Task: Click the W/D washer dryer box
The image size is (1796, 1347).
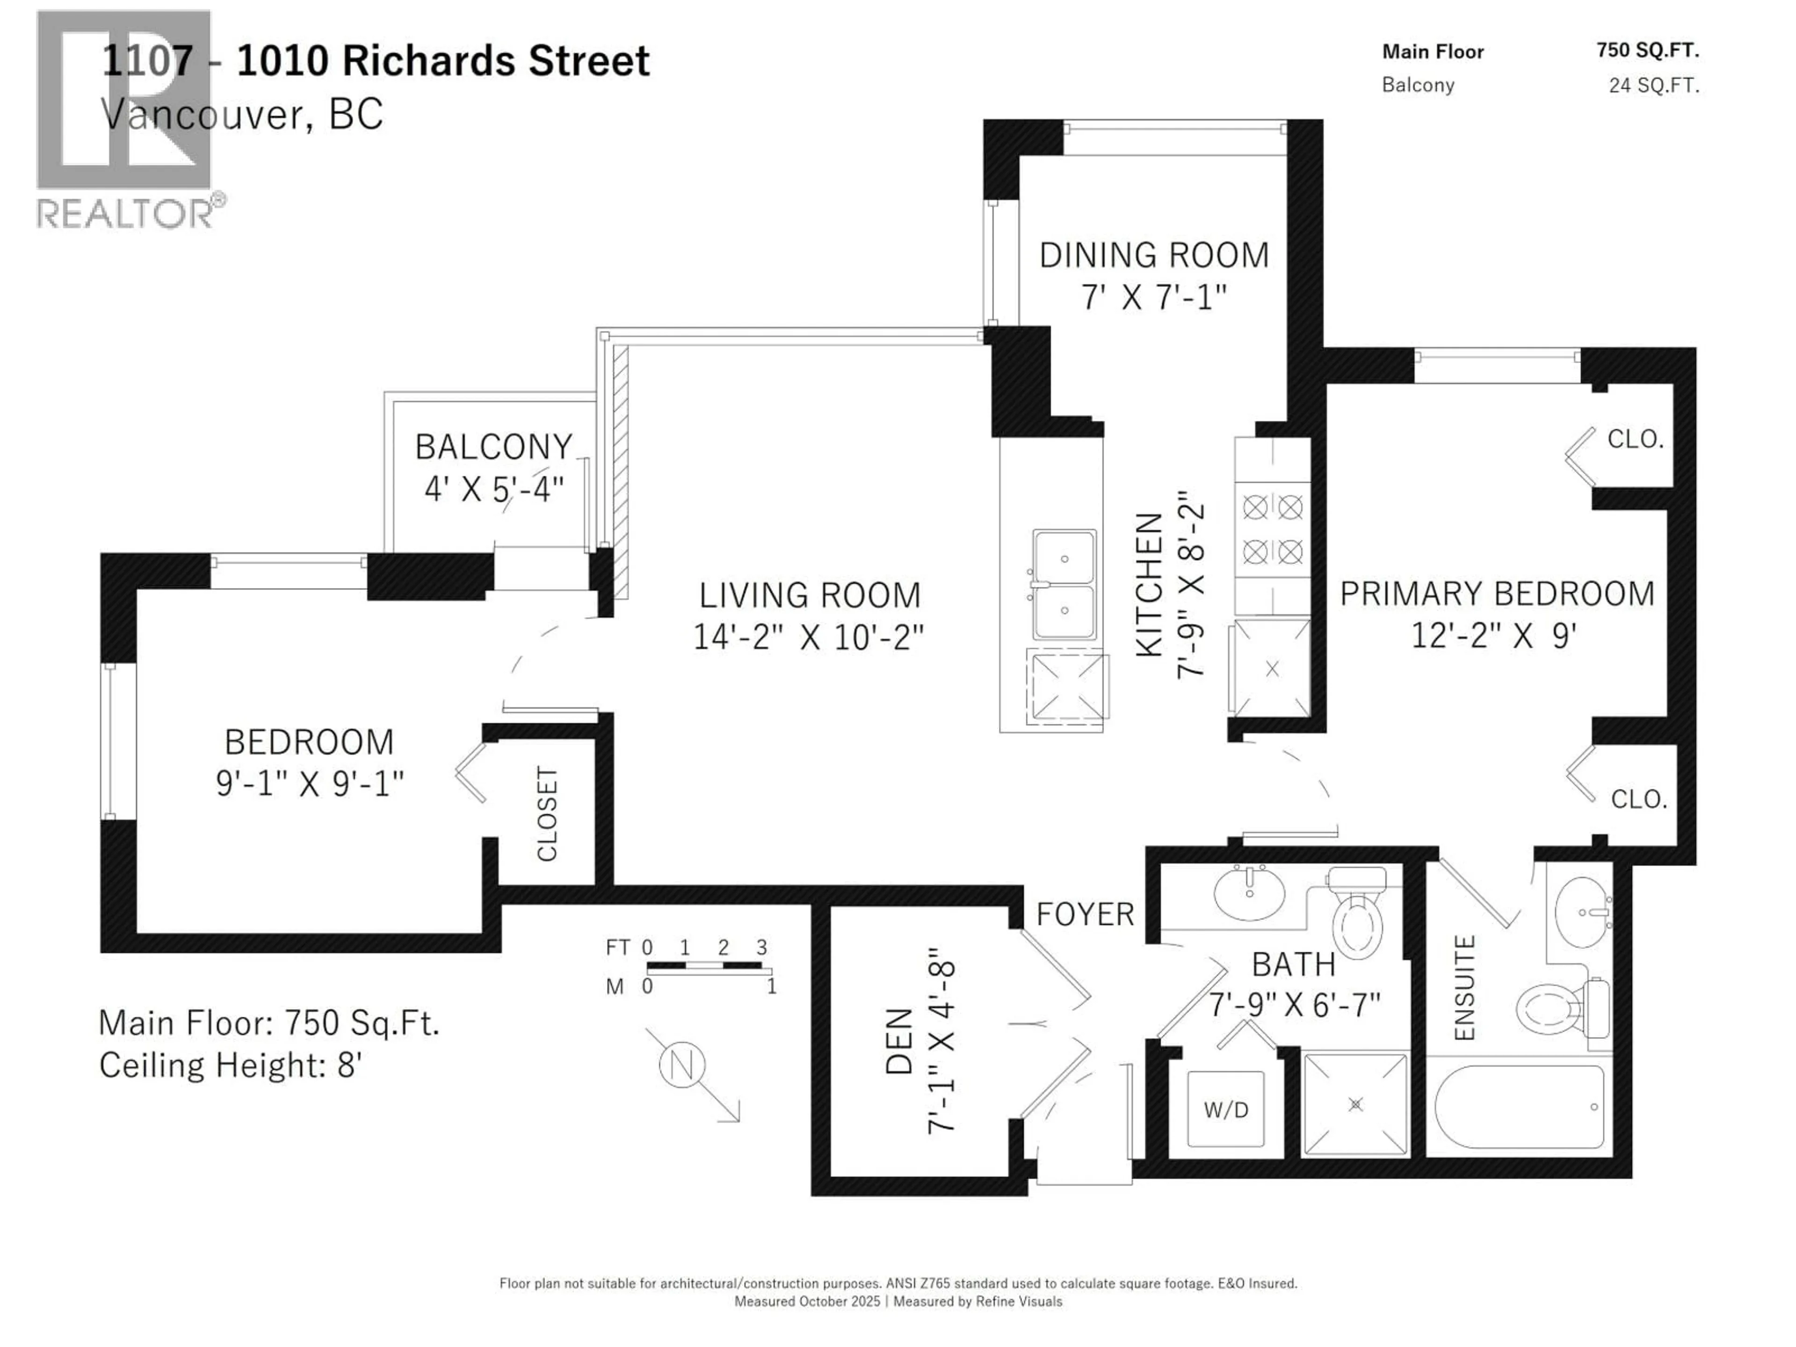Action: (1225, 1109)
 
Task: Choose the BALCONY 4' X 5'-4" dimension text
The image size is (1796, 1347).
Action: (493, 490)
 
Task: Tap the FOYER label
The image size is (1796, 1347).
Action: (1085, 915)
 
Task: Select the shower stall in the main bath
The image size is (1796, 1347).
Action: (1355, 1104)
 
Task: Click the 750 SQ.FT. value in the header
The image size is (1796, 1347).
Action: (1647, 51)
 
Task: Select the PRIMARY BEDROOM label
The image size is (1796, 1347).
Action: (1496, 594)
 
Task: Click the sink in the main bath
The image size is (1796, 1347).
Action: (1250, 894)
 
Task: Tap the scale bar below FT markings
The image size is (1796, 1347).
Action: (709, 967)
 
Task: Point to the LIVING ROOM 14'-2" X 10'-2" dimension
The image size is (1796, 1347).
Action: (809, 638)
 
